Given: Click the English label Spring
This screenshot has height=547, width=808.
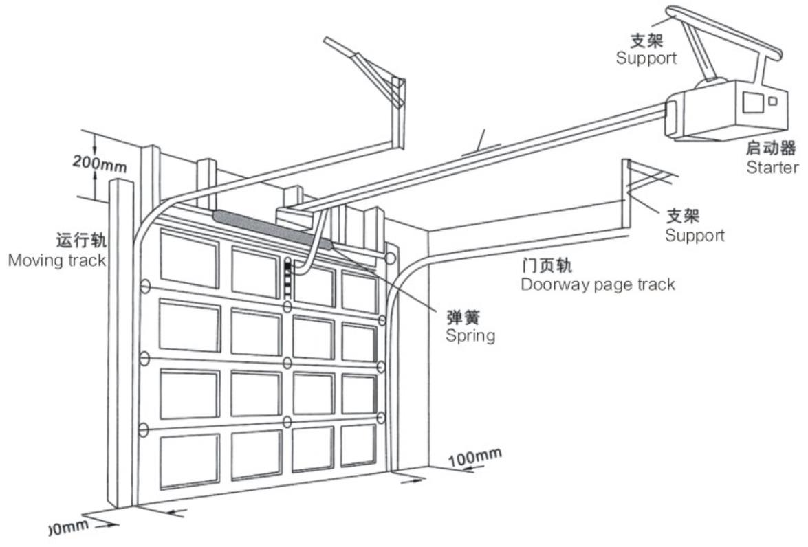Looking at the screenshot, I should pyautogui.click(x=470, y=336).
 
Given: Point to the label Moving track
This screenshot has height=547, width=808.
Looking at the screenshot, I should pyautogui.click(x=57, y=260).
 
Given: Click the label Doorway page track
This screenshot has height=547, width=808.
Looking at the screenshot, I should pyautogui.click(x=598, y=284).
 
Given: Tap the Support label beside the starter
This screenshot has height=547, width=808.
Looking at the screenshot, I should pyautogui.click(x=646, y=58).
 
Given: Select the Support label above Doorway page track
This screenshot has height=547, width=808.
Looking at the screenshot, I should pyautogui.click(x=694, y=235).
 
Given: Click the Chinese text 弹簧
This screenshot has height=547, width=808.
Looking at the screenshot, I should pyautogui.click(x=462, y=317).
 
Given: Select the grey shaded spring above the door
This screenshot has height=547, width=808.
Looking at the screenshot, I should pyautogui.click(x=272, y=227).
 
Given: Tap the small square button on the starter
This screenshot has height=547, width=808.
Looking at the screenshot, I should pyautogui.click(x=772, y=101).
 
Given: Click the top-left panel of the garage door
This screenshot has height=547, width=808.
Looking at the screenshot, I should pyautogui.click(x=188, y=256).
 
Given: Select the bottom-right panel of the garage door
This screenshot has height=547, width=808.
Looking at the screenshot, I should pyautogui.click(x=358, y=445).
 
